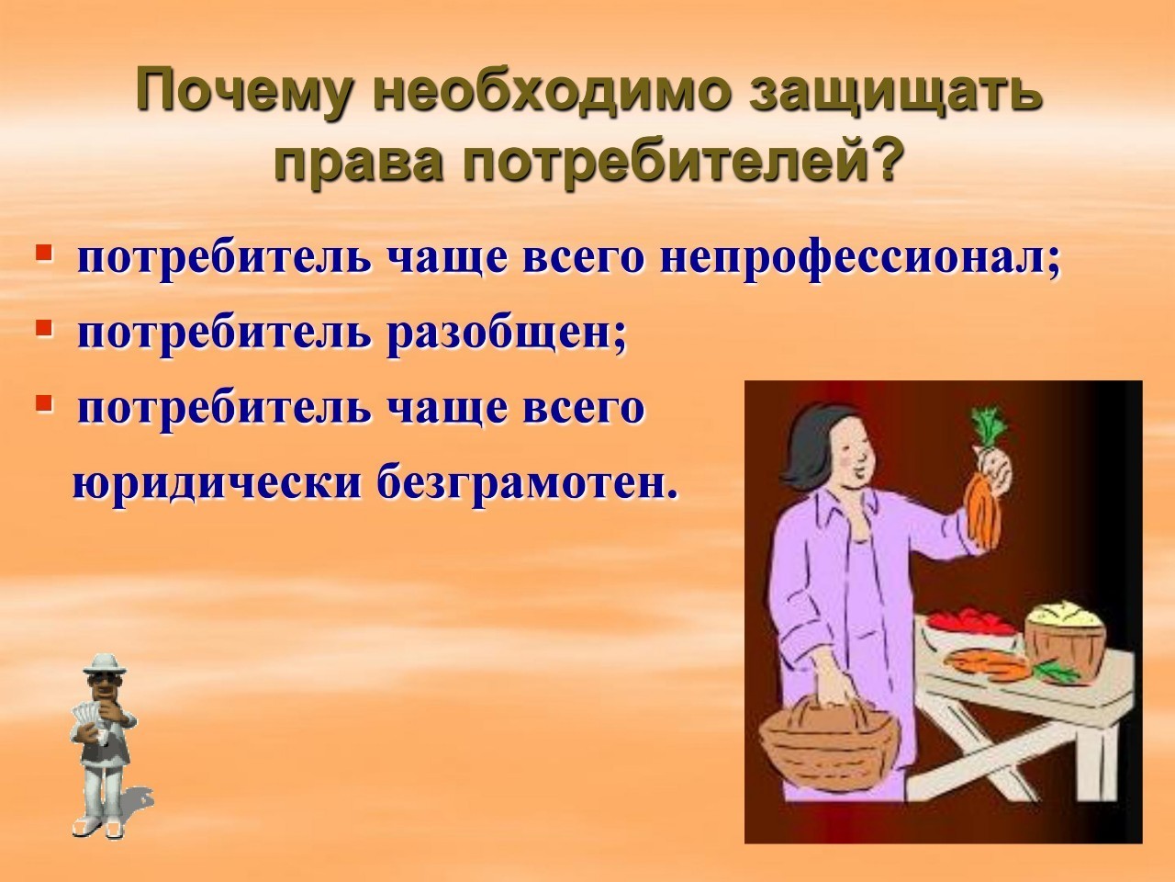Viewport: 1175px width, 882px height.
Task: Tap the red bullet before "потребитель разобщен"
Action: click(x=44, y=328)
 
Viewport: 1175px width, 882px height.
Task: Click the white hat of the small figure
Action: click(x=105, y=664)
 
